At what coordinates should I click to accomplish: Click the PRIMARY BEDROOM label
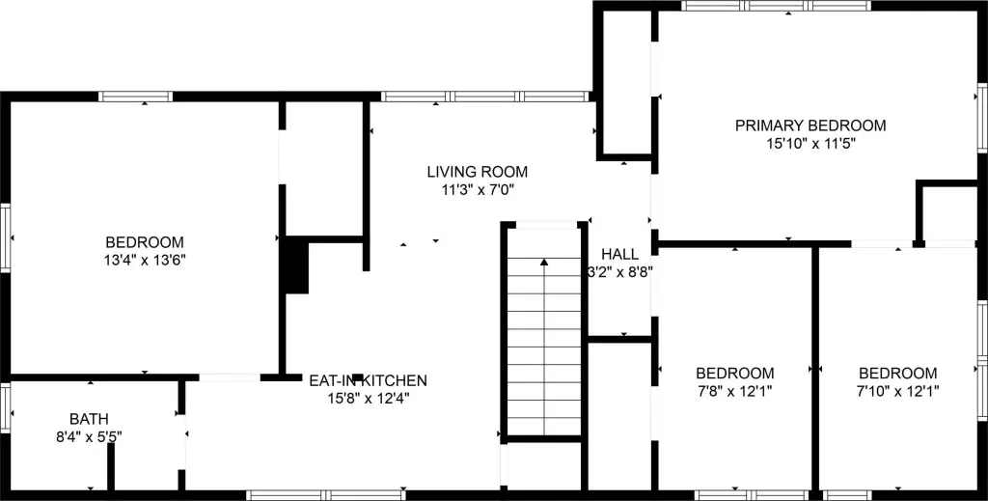pyautogui.click(x=810, y=125)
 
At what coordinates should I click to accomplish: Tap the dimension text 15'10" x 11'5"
pyautogui.click(x=810, y=143)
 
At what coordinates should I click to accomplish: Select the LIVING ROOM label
pyautogui.click(x=478, y=172)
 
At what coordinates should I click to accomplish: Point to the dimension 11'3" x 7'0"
pyautogui.click(x=478, y=190)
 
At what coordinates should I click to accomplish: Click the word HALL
pyautogui.click(x=619, y=254)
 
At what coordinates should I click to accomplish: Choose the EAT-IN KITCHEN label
pyautogui.click(x=368, y=381)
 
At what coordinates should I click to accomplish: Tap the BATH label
pyautogui.click(x=89, y=419)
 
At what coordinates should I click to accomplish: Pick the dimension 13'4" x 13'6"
pyautogui.click(x=145, y=260)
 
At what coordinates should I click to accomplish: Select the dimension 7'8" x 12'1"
pyautogui.click(x=734, y=391)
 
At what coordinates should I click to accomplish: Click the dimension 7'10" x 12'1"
pyautogui.click(x=897, y=391)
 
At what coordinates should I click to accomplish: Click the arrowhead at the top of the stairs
pyautogui.click(x=545, y=261)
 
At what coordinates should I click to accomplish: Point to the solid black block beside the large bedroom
pyautogui.click(x=295, y=267)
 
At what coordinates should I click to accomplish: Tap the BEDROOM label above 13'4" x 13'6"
pyautogui.click(x=145, y=242)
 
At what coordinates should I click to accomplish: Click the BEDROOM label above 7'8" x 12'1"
pyautogui.click(x=734, y=374)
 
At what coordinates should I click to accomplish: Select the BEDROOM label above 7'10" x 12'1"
pyautogui.click(x=897, y=374)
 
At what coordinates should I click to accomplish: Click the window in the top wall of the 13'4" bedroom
pyautogui.click(x=135, y=97)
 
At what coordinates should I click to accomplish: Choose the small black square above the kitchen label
pyautogui.click(x=357, y=376)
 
